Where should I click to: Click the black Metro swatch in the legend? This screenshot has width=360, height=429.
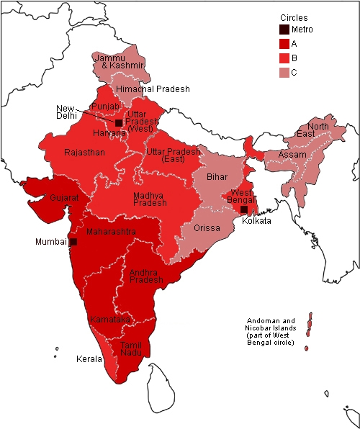point(285,30)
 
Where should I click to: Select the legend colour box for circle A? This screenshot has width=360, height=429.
point(285,44)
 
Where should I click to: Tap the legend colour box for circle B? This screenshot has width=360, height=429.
point(285,58)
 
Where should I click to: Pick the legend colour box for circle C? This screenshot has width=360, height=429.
point(285,72)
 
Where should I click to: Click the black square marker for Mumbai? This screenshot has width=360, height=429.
point(73,242)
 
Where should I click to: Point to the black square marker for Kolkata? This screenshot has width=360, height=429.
point(245,209)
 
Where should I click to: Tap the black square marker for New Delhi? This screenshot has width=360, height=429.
point(119,123)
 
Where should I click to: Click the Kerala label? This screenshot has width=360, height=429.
point(89,358)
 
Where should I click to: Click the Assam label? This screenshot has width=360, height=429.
point(292,155)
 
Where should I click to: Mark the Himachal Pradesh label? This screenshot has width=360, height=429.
point(153,89)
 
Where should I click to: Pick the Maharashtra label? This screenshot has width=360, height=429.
point(110,232)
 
